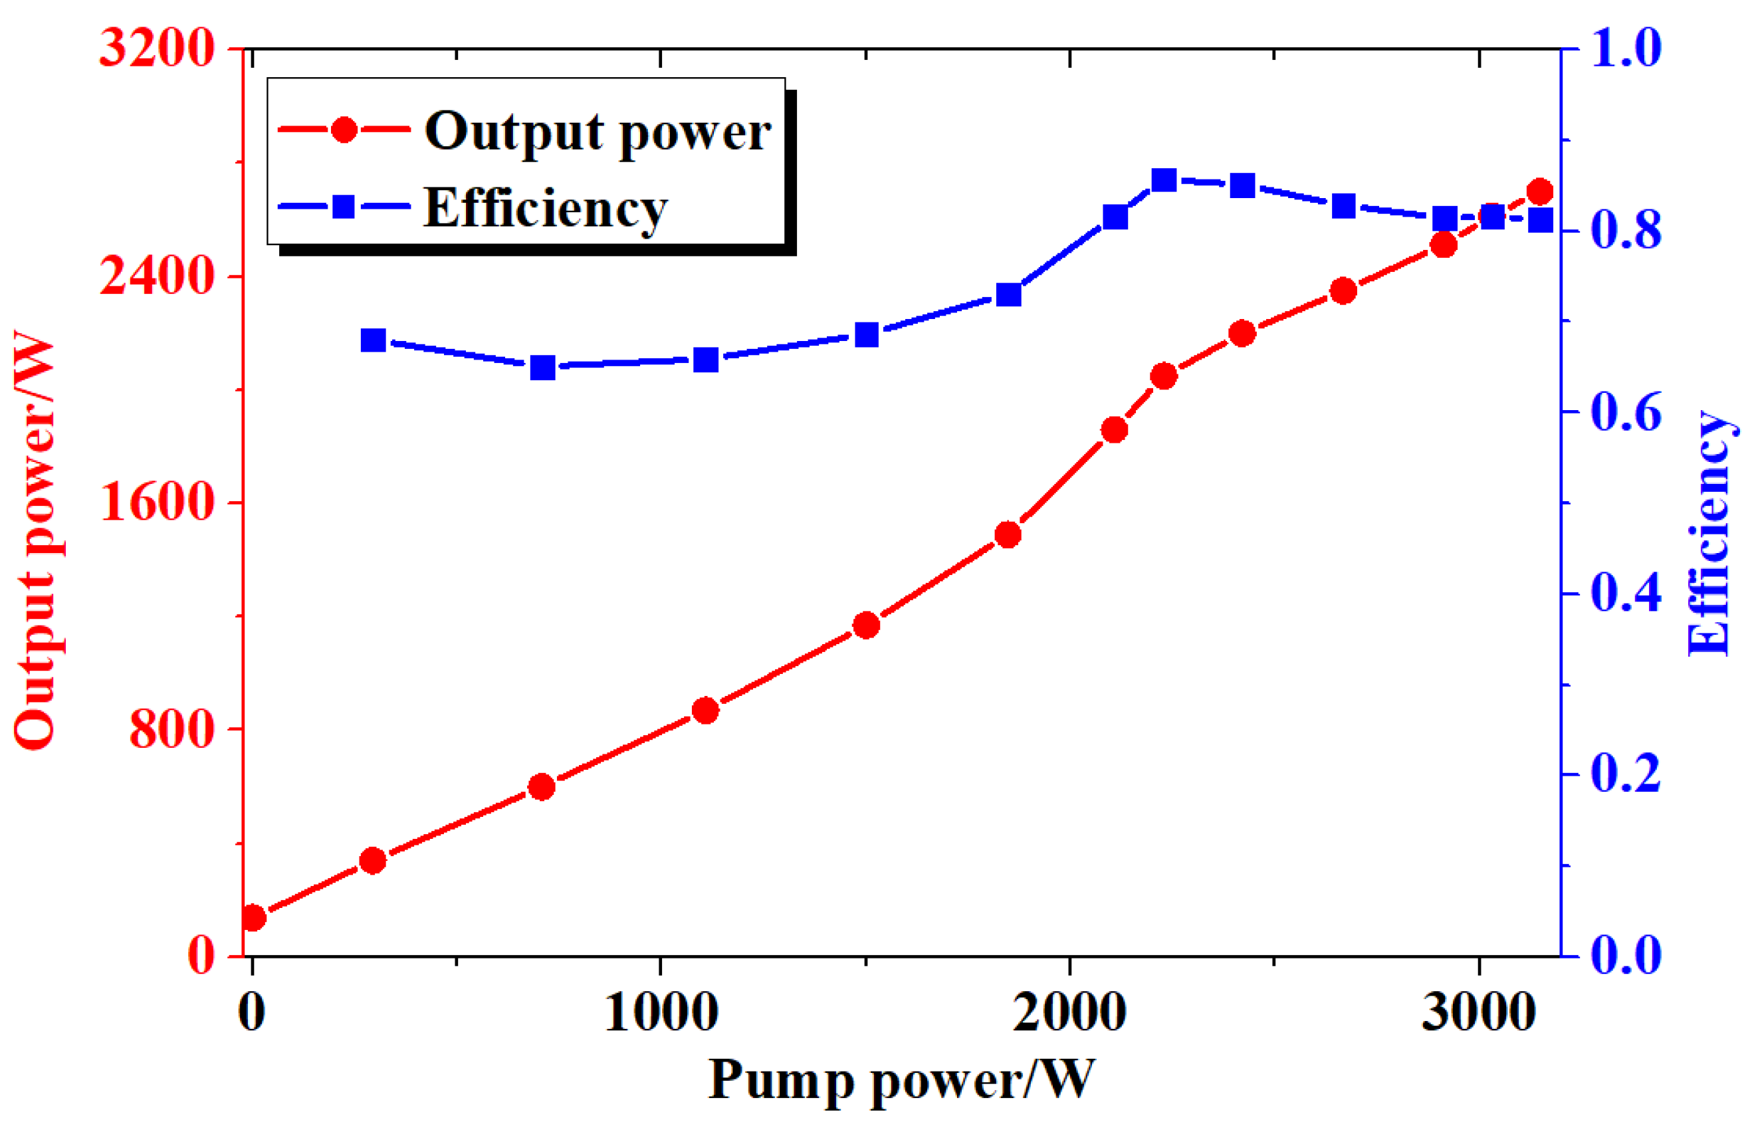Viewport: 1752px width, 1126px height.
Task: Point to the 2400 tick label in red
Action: pos(156,277)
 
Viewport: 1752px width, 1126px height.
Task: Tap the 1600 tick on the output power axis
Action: pos(156,504)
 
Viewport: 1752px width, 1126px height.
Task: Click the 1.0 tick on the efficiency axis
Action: pos(1626,49)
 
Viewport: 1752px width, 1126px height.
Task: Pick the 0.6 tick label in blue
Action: pos(1626,412)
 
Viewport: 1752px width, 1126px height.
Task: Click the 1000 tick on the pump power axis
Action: pos(661,1013)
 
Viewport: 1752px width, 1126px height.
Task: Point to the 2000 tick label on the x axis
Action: pos(1069,1013)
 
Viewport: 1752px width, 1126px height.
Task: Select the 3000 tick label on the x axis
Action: pos(1479,1013)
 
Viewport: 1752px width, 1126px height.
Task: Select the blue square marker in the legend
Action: pos(344,207)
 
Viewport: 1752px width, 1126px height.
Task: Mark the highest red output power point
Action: pos(1540,191)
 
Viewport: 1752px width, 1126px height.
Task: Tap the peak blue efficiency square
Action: pos(1164,180)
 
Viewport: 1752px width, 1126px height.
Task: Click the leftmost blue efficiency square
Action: pos(374,341)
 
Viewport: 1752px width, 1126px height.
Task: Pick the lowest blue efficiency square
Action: pos(542,367)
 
